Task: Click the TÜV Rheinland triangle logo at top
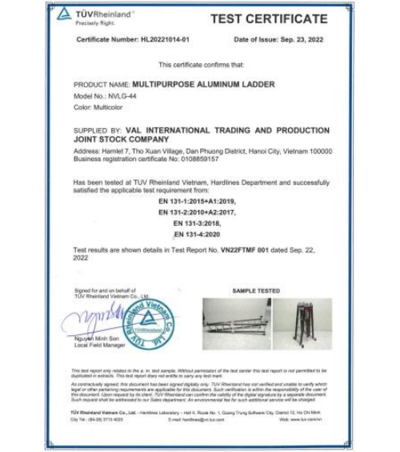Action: [x=64, y=14]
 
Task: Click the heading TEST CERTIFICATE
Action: [x=269, y=19]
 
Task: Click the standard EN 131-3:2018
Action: [x=198, y=223]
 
